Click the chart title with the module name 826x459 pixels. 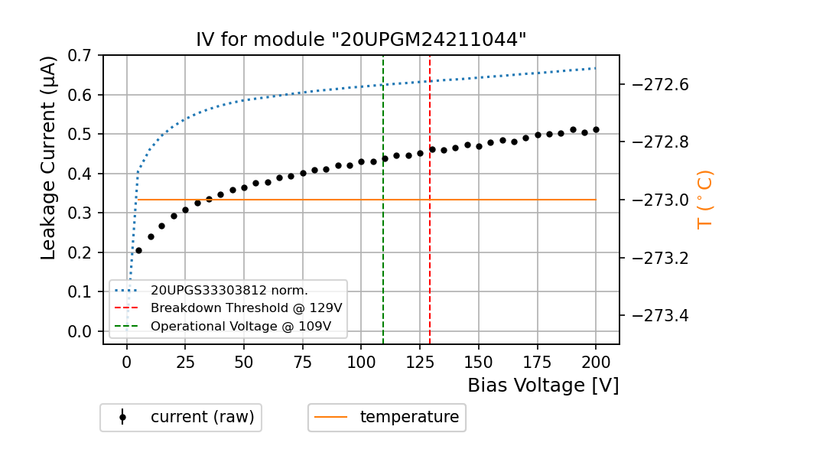361,40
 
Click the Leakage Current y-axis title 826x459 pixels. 49,158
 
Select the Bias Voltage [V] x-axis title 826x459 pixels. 543,386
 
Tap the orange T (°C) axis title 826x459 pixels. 705,200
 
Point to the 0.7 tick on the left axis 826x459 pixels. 80,55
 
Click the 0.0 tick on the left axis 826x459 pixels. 80,331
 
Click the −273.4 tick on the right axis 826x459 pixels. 660,315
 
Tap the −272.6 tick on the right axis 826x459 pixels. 660,84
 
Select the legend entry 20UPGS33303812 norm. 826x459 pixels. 229,291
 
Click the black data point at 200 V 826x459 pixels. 596,130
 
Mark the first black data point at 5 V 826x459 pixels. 138,250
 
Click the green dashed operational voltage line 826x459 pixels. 383,229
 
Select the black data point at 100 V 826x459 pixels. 361,161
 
